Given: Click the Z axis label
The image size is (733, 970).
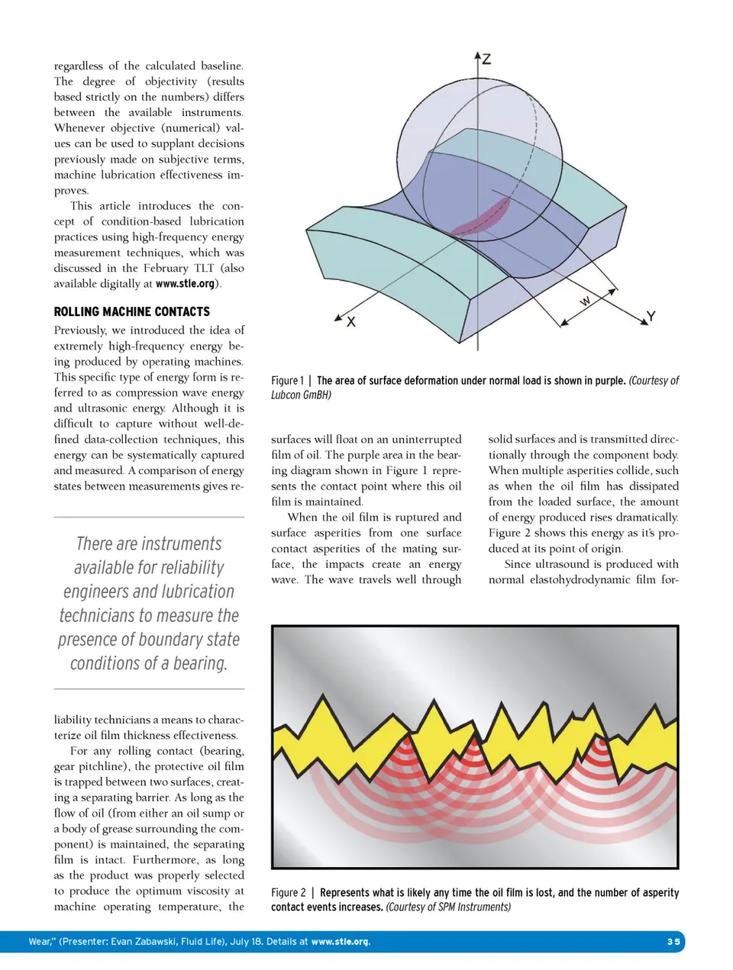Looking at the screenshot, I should coord(486,59).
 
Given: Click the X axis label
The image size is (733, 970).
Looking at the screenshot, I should coord(351,322).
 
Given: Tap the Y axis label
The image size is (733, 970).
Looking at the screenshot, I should coord(651,316).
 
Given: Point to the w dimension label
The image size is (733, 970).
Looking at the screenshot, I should coord(585,301).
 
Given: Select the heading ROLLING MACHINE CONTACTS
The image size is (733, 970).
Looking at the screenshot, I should coord(131,311).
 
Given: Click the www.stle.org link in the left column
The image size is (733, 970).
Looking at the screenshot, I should coord(185,284).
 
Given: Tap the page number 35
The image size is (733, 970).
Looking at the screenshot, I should coord(673,942).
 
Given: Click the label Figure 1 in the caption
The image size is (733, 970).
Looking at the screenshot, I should coord(287,381).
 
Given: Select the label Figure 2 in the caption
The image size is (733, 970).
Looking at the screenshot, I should coord(288,893).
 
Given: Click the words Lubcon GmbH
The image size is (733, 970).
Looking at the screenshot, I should coord(301,395).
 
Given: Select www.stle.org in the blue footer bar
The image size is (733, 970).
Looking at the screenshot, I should coord(341,942).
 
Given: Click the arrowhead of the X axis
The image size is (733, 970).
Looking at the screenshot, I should coord(337,317).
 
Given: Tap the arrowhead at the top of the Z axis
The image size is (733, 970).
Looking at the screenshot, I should coord(477,56).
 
